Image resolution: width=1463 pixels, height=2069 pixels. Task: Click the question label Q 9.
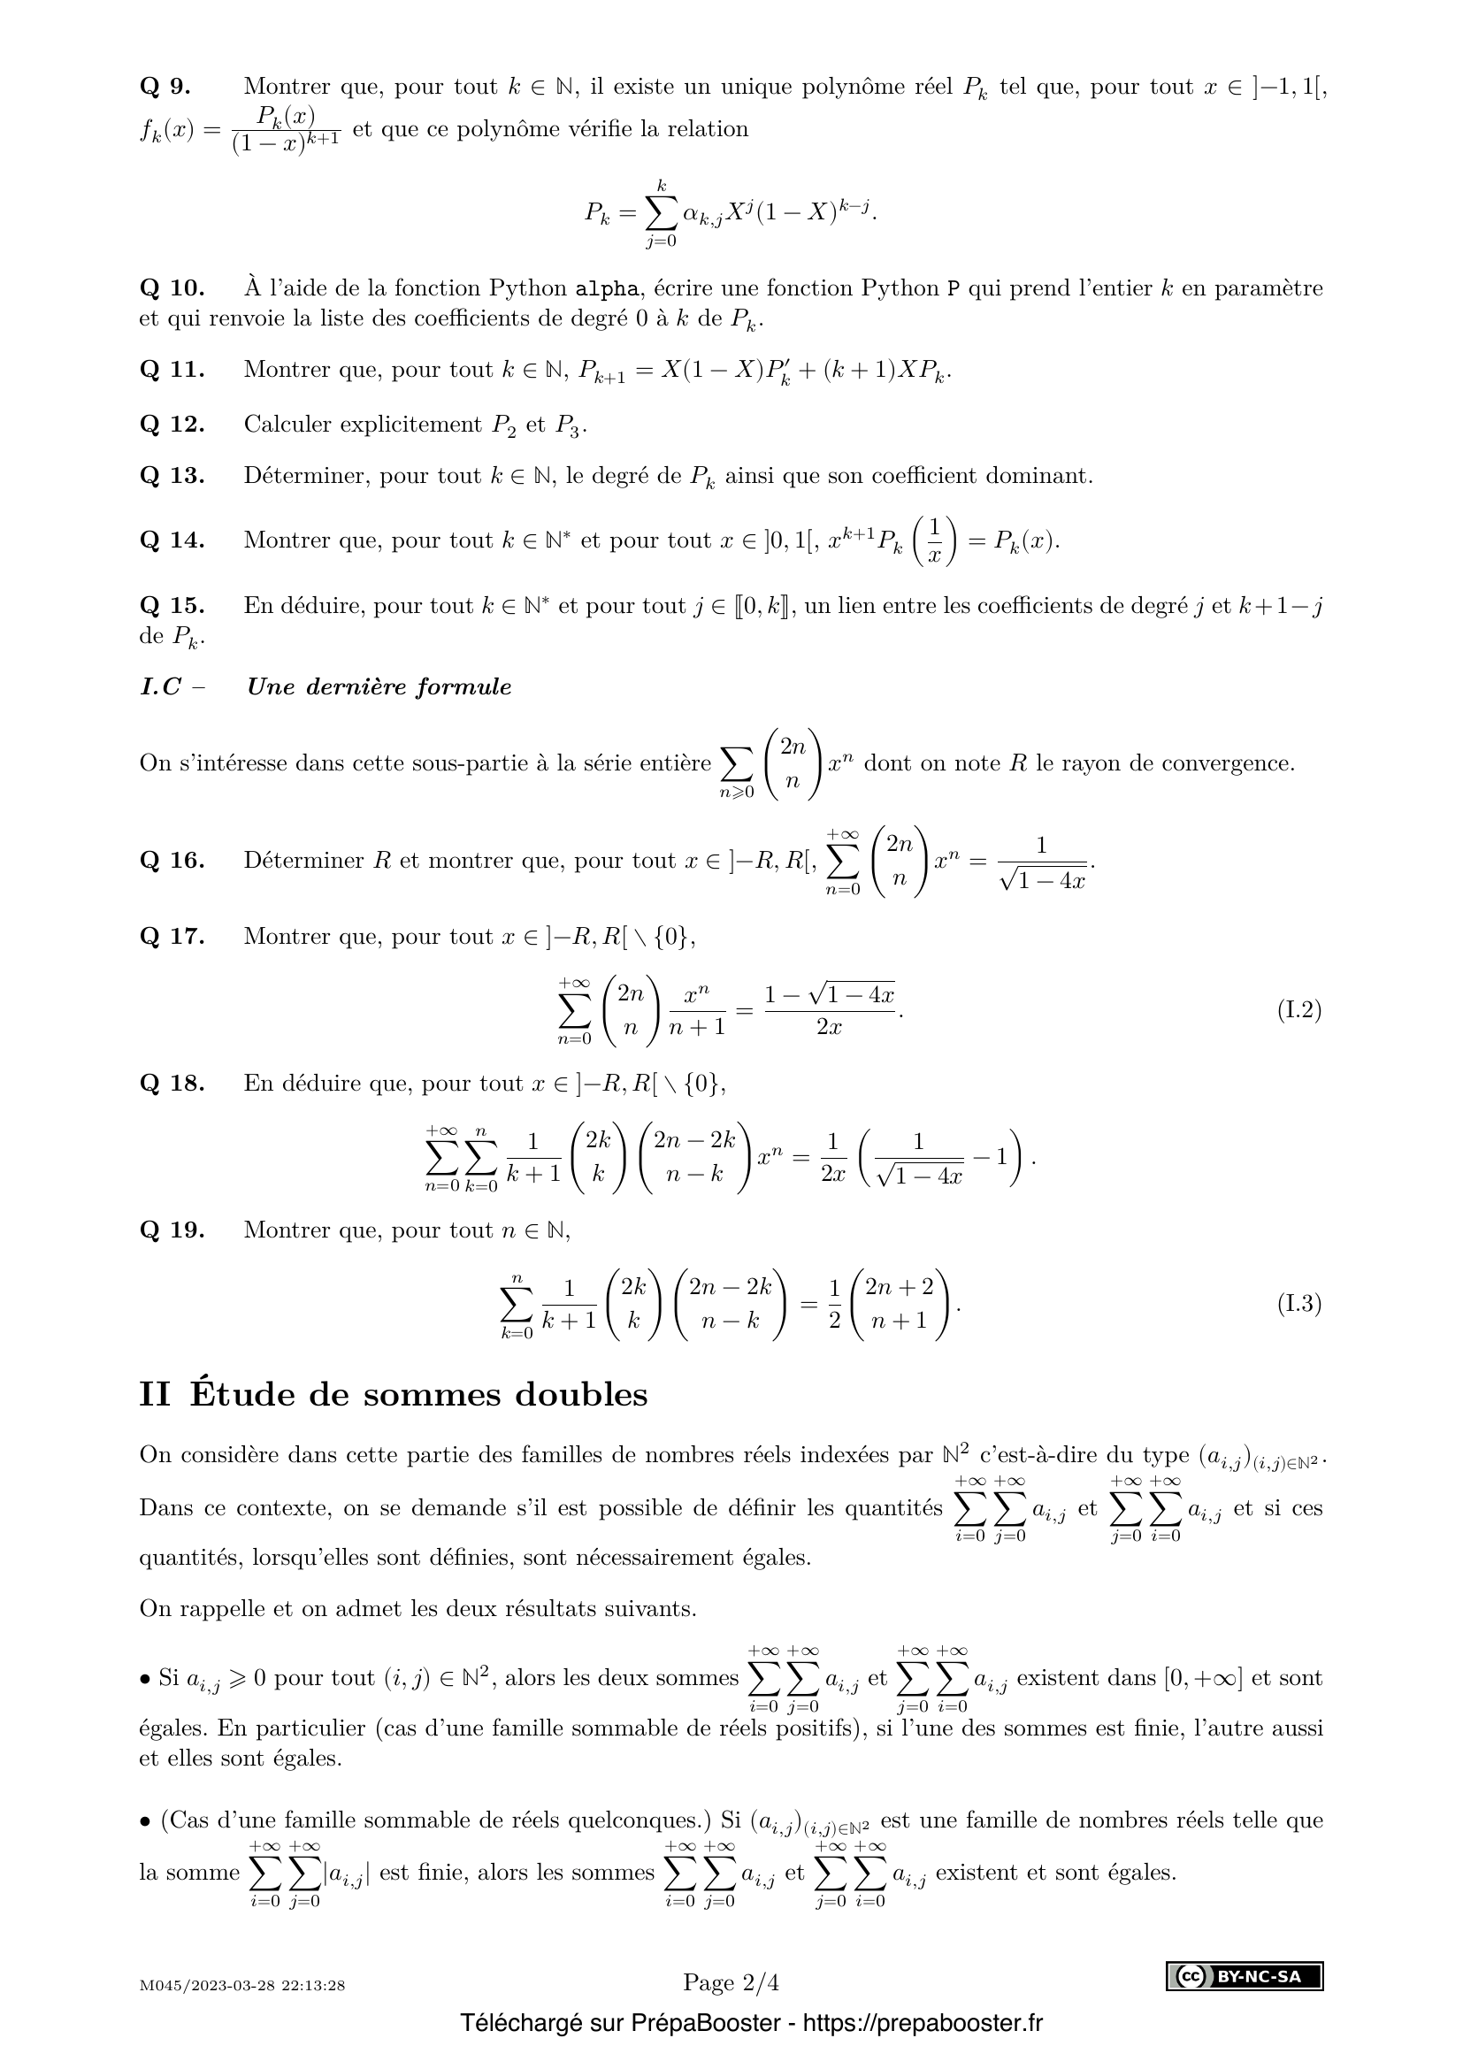coord(165,88)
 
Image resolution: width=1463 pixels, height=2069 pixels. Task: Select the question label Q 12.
coord(172,425)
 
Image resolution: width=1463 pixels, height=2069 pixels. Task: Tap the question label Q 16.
coord(172,861)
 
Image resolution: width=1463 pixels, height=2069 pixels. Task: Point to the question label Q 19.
coord(172,1230)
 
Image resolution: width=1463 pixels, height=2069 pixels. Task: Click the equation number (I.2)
coord(1298,1010)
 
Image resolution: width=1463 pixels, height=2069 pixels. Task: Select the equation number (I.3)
coord(1298,1304)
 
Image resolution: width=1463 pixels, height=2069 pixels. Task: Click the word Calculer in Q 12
coord(287,425)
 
